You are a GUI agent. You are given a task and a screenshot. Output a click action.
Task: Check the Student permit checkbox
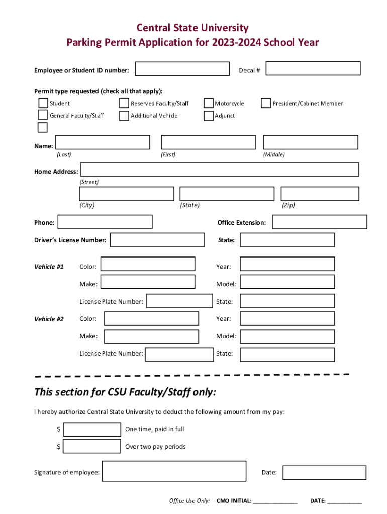[x=44, y=103]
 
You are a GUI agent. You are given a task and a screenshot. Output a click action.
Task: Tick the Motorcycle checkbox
[x=209, y=103]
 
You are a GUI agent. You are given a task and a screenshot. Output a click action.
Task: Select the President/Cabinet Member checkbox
[x=266, y=103]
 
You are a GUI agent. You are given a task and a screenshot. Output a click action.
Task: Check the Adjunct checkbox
[x=209, y=116]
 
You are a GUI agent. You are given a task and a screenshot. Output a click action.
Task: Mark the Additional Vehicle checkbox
[x=124, y=116]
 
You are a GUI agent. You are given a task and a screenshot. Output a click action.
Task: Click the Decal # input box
[x=313, y=68]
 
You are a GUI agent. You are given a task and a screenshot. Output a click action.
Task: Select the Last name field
[x=103, y=142]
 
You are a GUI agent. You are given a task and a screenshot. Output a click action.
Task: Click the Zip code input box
[x=320, y=194]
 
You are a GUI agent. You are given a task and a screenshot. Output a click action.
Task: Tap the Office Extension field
[x=320, y=222]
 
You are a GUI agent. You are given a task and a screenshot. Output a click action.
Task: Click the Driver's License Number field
[x=157, y=240]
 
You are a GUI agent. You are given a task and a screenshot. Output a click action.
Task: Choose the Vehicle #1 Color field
[x=147, y=264]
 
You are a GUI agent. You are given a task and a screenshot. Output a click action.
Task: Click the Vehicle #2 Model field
[x=287, y=336]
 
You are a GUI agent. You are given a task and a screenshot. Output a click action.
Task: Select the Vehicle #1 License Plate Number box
[x=179, y=301]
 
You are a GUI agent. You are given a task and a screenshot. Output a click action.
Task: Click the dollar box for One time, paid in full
[x=92, y=430]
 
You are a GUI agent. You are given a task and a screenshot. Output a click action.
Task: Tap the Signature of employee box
[x=174, y=471]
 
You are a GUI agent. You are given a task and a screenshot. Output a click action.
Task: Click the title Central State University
[x=193, y=28]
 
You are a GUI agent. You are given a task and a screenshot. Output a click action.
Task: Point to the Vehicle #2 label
[x=49, y=319]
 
